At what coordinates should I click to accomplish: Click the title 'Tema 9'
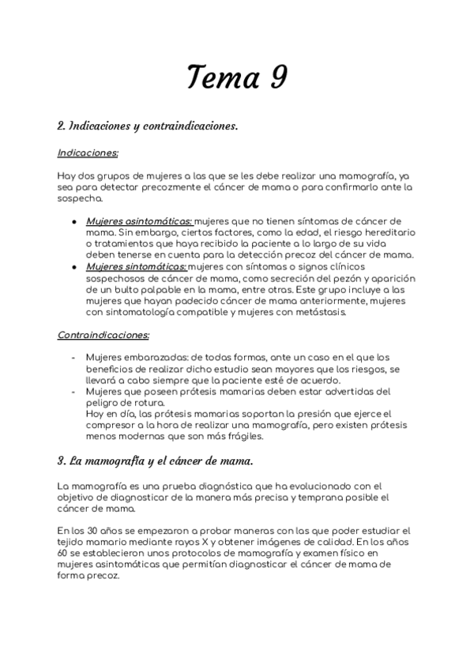[236, 77]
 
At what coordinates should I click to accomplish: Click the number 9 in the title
[276, 77]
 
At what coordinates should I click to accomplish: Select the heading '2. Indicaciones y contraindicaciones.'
[148, 126]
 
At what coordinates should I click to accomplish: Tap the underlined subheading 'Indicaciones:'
[88, 152]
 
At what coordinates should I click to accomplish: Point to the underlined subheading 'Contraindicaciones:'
[103, 335]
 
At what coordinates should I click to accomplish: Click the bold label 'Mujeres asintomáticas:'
[139, 221]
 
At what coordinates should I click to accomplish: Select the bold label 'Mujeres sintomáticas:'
[136, 266]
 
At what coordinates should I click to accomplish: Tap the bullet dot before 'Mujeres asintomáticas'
[73, 222]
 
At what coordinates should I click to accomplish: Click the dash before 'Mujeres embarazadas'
[73, 358]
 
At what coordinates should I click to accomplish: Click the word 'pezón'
[324, 278]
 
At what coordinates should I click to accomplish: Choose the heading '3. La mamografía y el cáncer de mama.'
[155, 460]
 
